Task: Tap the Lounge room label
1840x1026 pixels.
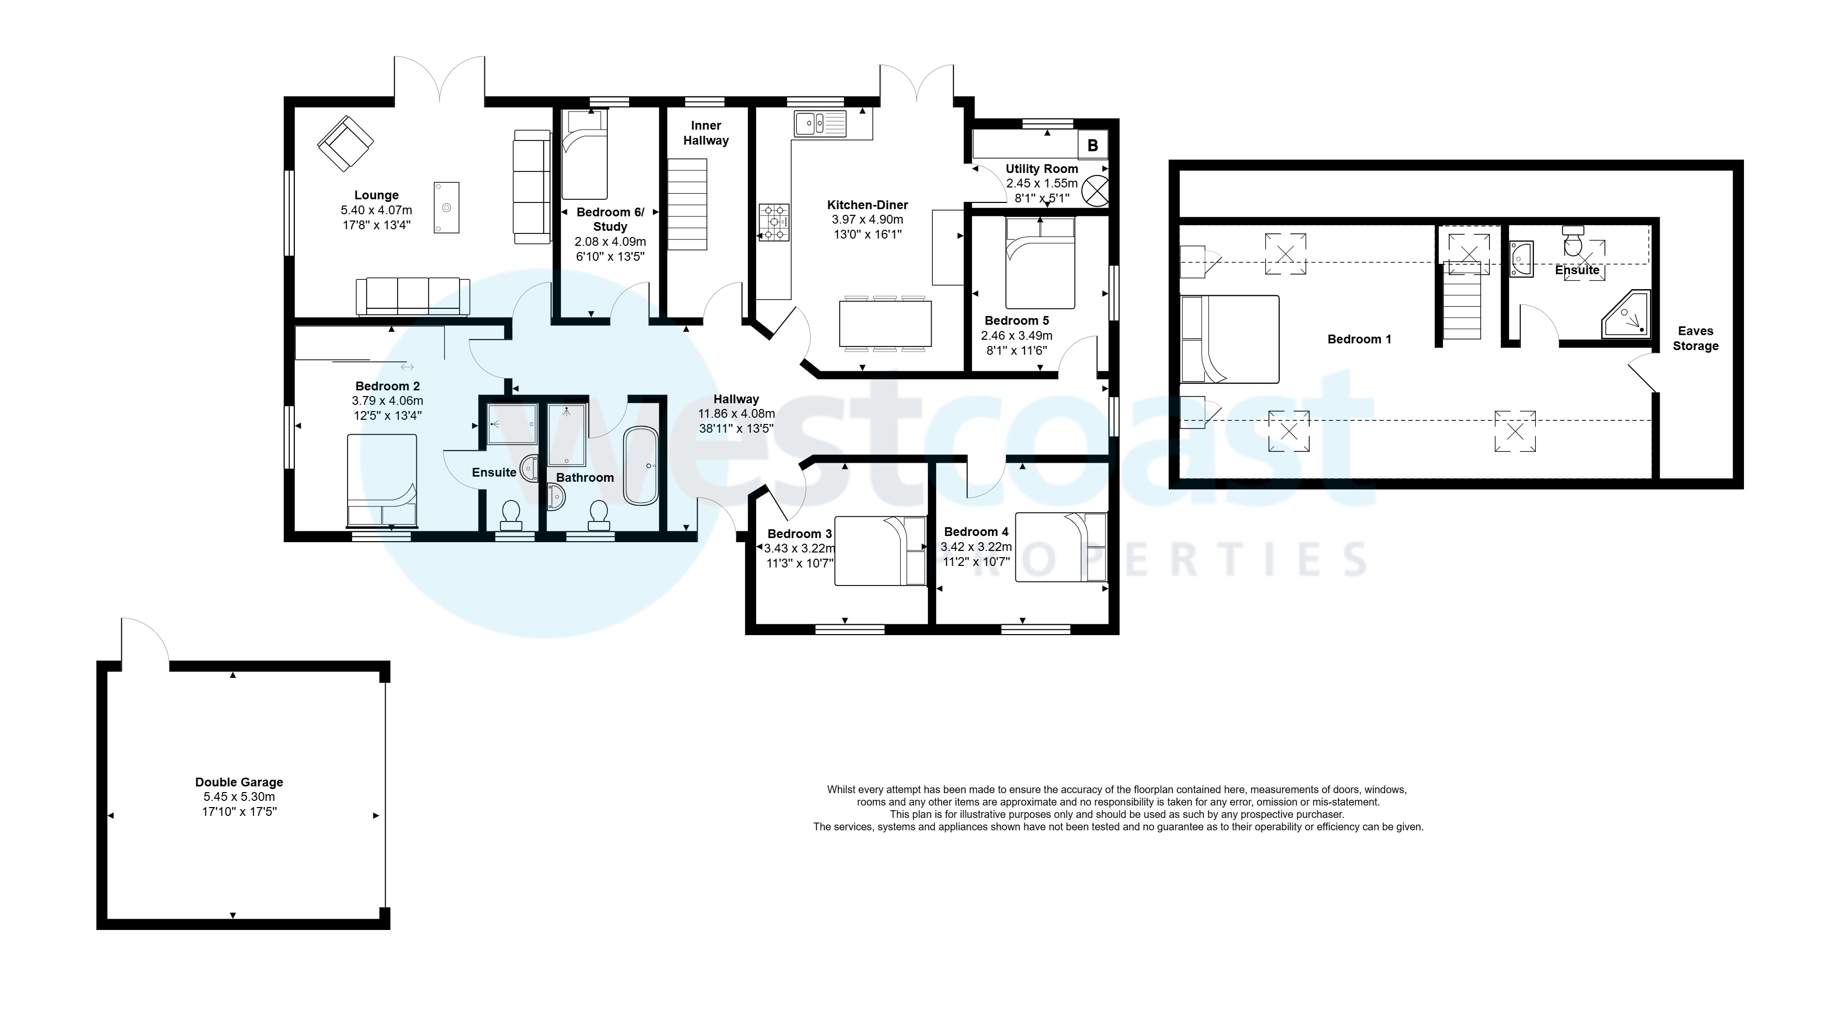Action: (x=376, y=195)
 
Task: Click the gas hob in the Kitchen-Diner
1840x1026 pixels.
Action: (x=774, y=222)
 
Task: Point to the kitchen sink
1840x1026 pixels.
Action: (x=819, y=123)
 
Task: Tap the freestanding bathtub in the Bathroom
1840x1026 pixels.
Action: (x=641, y=466)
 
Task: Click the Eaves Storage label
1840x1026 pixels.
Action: (x=1695, y=338)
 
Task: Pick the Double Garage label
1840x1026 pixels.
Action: (x=239, y=782)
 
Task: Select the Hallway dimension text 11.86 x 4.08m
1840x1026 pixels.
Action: (x=736, y=414)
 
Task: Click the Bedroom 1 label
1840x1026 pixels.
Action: (x=1359, y=339)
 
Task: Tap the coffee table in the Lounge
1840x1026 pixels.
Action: (x=446, y=207)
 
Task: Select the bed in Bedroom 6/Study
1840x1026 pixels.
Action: (x=584, y=154)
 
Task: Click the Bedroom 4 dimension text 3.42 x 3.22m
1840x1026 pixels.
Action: (x=976, y=547)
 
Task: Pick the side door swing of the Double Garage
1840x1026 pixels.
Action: (x=145, y=641)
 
